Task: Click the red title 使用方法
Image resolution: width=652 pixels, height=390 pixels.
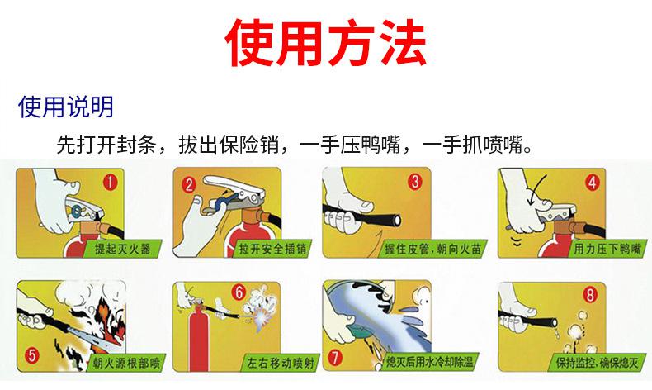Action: point(325,42)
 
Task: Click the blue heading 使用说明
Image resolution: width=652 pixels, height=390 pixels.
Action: point(66,107)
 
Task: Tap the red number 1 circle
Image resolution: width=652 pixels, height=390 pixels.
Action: point(111,182)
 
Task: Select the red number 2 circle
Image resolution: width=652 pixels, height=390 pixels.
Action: point(189,185)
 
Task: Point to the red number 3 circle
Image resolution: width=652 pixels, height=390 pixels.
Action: point(415,182)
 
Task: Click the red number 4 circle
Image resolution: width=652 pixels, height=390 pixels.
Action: point(592,183)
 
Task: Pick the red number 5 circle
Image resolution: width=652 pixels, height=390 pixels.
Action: point(32,355)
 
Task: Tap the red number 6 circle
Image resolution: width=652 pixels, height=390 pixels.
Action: point(239,292)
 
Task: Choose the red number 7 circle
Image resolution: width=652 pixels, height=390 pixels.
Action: point(336,357)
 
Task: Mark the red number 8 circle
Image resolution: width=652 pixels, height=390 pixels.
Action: point(590,295)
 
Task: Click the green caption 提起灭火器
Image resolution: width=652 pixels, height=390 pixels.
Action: point(123,249)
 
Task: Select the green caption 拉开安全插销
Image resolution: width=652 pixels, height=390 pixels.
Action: point(272,249)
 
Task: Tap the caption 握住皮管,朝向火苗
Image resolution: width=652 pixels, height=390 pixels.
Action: point(432,249)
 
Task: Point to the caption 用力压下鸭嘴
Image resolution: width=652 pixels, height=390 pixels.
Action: point(607,249)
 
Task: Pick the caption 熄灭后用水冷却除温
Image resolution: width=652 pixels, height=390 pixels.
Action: point(430,361)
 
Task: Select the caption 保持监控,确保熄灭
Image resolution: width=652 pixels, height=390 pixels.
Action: point(597,363)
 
